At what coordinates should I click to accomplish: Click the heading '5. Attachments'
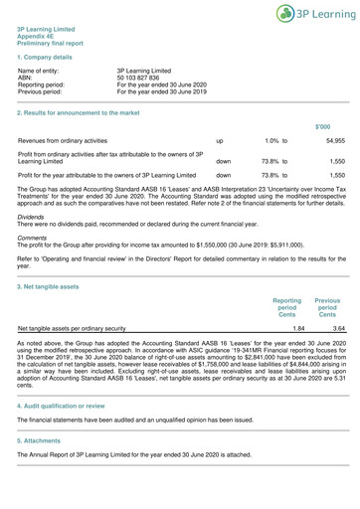point(43,467)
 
